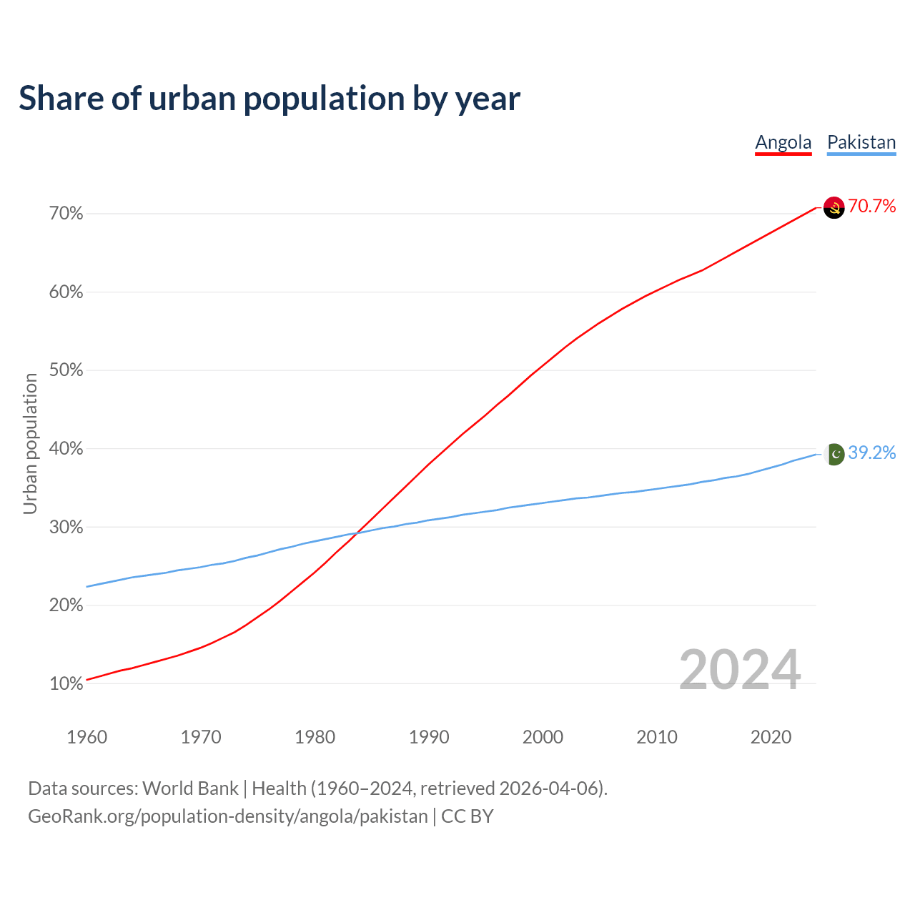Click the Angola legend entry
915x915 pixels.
pyautogui.click(x=783, y=142)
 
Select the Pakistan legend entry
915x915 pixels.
pyautogui.click(x=861, y=142)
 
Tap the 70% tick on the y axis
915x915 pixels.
pyautogui.click(x=66, y=214)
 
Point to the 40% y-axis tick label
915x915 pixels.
pyautogui.click(x=66, y=449)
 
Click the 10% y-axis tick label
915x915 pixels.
pyautogui.click(x=66, y=684)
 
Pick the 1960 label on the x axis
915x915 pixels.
pyautogui.click(x=86, y=737)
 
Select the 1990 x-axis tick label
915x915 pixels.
pyautogui.click(x=429, y=737)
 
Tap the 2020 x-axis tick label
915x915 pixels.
pyautogui.click(x=771, y=737)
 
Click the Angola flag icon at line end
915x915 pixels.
pyautogui.click(x=834, y=207)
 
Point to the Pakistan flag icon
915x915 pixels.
pyautogui.click(x=834, y=454)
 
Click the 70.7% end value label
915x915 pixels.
pyautogui.click(x=872, y=207)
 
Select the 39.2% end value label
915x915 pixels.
pyautogui.click(x=872, y=453)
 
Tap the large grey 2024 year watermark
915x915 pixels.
pyautogui.click(x=740, y=670)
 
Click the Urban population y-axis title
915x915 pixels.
pyautogui.click(x=30, y=443)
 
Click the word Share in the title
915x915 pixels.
pyautogui.click(x=60, y=99)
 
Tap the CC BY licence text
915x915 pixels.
pyautogui.click(x=468, y=816)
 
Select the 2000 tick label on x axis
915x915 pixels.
pyautogui.click(x=543, y=737)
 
